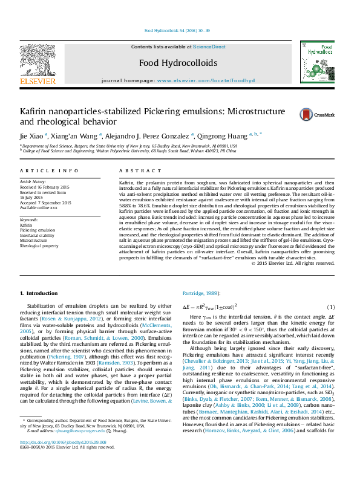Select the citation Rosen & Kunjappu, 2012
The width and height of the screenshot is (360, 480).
click(68, 317)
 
